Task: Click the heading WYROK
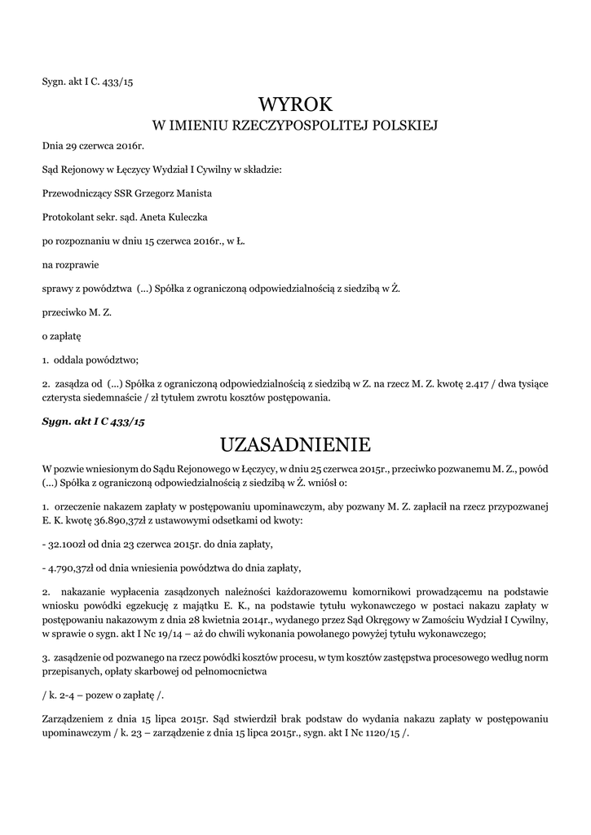(295, 104)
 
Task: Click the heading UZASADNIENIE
(295, 444)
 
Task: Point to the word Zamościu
(439, 621)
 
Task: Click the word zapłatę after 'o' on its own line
(66, 335)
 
